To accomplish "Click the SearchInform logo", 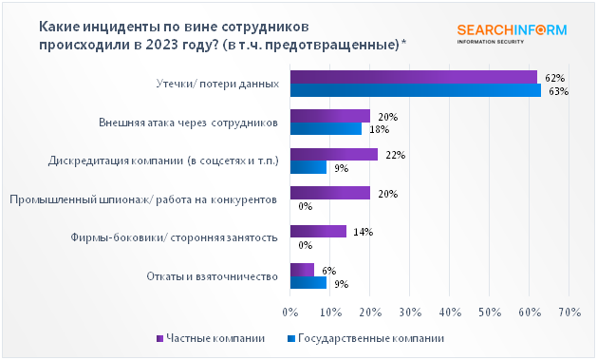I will point(511,32).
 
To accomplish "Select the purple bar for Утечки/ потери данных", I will point(413,77).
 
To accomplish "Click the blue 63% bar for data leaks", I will point(415,90).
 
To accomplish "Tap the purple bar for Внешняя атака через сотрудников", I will point(329,116).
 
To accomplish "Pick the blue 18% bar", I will point(326,129).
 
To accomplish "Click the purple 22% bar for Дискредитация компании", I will point(333,154).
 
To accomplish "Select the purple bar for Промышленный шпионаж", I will point(329,193).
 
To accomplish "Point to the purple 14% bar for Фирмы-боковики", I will point(317,231).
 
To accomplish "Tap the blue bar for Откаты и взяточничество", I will point(308,282).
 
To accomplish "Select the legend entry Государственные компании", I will point(364,337).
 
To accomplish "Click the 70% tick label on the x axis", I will point(569,311).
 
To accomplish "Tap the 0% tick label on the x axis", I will point(290,311).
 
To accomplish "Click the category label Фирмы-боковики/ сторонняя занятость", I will point(175,237).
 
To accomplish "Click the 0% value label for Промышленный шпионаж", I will point(306,205).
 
